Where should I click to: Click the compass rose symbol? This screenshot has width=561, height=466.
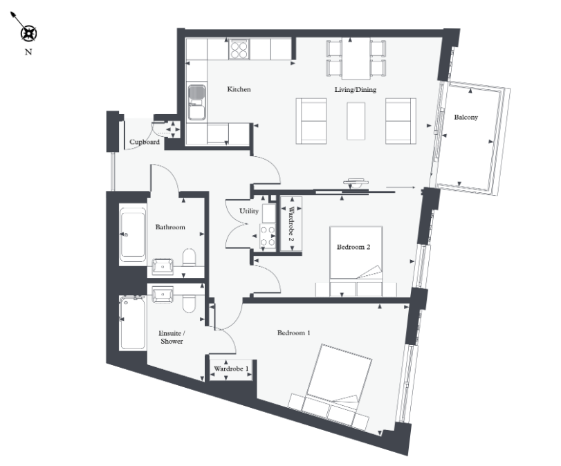28,34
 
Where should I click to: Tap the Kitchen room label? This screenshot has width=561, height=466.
239,89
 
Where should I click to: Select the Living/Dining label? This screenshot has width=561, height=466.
356,89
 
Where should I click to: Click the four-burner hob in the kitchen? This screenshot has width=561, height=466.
239,49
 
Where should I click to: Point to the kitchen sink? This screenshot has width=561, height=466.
196,102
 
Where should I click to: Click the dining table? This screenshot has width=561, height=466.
356,59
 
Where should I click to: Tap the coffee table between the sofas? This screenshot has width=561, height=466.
356,121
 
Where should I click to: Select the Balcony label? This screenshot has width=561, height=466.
466,117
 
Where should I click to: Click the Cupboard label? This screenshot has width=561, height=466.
145,142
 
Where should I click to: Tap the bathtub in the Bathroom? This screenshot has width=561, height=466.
133,234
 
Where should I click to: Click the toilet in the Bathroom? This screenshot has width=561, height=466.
190,257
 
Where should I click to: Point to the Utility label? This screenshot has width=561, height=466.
248,211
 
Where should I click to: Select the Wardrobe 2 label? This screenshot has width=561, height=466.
291,224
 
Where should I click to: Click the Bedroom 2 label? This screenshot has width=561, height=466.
353,247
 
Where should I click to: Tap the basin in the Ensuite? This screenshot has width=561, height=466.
163,295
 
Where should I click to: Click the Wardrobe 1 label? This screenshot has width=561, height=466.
231,369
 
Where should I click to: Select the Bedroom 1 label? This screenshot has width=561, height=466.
294,333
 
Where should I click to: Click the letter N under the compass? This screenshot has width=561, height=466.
28,52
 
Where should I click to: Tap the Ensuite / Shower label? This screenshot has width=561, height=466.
172,337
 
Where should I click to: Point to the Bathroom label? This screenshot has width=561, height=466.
170,227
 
